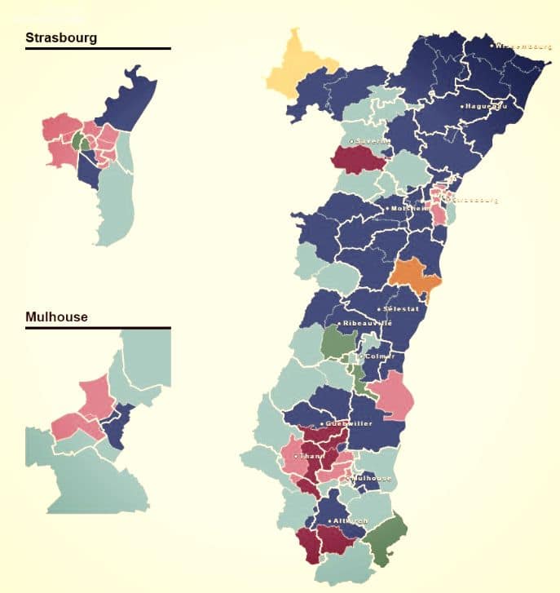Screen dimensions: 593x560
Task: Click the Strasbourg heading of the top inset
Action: coord(61,38)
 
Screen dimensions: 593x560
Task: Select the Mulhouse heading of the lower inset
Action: coord(56,316)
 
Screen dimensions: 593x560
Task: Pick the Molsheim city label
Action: coord(407,208)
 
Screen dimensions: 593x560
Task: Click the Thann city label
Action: coord(310,456)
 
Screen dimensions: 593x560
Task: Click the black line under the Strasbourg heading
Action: coord(98,49)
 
